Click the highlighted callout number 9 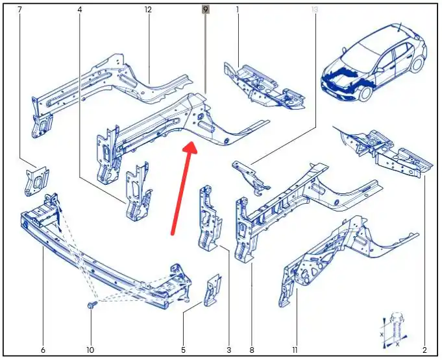pos(206,10)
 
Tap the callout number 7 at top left pos(19,10)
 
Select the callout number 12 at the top pos(148,10)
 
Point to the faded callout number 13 pos(315,10)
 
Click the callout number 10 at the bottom pos(90,350)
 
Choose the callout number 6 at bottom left pos(43,350)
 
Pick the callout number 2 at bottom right pos(424,350)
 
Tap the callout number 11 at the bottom pos(295,350)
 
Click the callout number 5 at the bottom pos(183,350)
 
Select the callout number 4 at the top pos(80,10)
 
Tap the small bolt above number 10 pos(92,305)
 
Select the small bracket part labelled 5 pos(212,290)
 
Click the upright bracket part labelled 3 pos(210,219)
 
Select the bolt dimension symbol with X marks pos(395,330)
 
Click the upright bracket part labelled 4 pos(138,191)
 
